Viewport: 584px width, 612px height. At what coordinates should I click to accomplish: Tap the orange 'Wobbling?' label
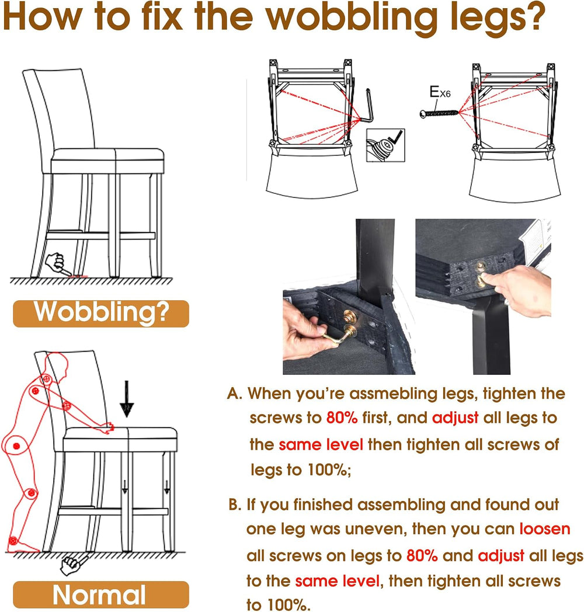pos(101,314)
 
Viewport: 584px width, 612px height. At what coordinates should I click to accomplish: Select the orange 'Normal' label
pos(101,594)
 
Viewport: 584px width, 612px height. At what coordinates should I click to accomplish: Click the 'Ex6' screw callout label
pos(440,92)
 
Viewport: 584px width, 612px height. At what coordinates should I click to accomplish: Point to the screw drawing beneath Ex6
pos(439,113)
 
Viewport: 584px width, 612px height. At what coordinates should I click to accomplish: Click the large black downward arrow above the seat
pos(127,399)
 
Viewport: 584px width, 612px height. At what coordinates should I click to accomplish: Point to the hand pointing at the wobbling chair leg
pos(58,264)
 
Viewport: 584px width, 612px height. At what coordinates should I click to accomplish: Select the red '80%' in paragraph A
pos(342,418)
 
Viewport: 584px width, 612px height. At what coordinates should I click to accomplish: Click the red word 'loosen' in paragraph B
pos(544,529)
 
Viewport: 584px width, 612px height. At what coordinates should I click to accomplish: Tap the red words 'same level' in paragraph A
pos(321,444)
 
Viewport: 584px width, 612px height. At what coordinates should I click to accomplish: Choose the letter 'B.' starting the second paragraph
pos(235,505)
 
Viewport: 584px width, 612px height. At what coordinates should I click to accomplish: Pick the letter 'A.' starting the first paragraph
pos(235,394)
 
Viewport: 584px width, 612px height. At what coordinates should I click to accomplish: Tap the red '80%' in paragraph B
pos(422,556)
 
